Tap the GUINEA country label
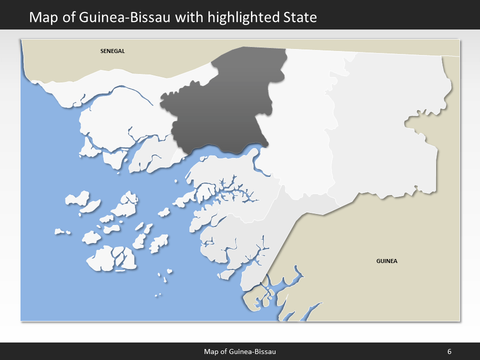(386, 261)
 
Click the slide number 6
(449, 351)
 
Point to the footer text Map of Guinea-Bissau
(240, 351)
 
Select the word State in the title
(299, 17)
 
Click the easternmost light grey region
(385, 125)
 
